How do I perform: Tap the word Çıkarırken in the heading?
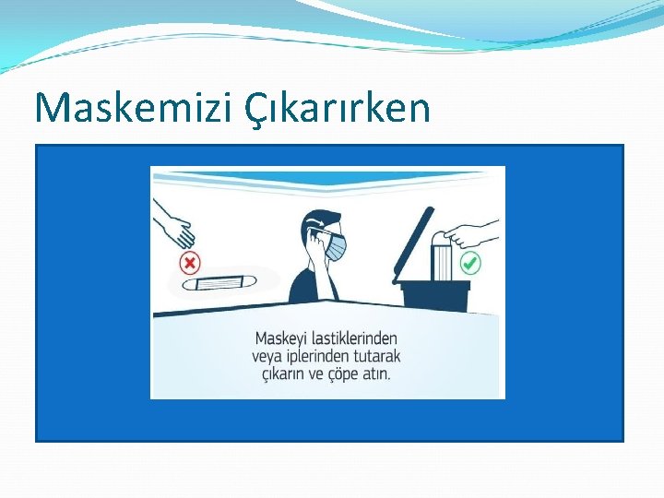coord(338,110)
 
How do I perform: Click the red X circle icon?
coord(190,265)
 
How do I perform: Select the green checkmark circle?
coord(470,264)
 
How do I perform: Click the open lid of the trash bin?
coord(413,242)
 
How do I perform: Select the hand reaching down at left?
coord(174,225)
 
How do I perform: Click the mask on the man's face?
coord(337,246)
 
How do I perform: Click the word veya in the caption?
coord(267,356)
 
